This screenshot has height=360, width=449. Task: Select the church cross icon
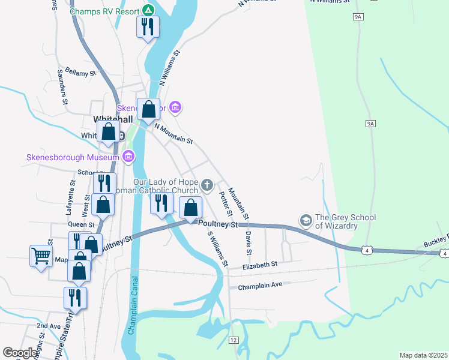click(207, 185)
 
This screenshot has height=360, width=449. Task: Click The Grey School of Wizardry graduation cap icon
click(306, 221)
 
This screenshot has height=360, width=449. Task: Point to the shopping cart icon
click(41, 256)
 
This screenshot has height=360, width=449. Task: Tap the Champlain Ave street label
click(260, 286)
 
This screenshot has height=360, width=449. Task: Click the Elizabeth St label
click(260, 265)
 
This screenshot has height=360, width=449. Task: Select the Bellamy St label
click(80, 72)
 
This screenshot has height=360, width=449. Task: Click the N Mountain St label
click(173, 133)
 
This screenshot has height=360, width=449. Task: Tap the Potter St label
click(226, 204)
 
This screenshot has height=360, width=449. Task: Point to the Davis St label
click(247, 236)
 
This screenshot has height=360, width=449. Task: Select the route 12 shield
click(234, 340)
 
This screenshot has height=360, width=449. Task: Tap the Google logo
click(20, 353)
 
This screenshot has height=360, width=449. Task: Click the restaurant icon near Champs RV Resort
click(147, 27)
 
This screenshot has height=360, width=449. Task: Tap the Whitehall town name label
click(113, 119)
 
